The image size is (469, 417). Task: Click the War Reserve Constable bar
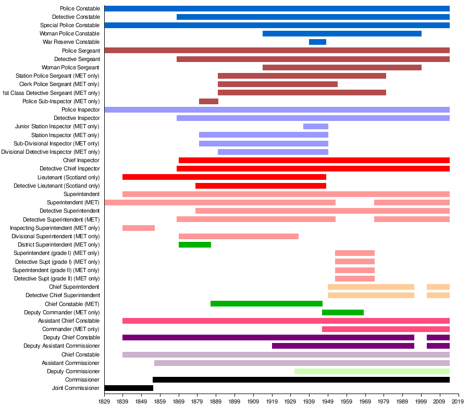[317, 42]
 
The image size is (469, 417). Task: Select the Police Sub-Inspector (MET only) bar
[208, 101]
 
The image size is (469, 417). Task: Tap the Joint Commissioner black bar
[129, 388]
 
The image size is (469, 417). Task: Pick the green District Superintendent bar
[195, 245]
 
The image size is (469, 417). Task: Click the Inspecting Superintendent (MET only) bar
[139, 228]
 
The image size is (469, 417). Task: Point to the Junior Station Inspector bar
[316, 127]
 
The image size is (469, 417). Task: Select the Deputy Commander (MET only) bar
[343, 313]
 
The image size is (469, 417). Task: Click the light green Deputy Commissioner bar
[372, 372]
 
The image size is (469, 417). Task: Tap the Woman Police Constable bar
[342, 34]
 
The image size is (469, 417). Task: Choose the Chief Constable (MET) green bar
[266, 304]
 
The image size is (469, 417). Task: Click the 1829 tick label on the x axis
[104, 402]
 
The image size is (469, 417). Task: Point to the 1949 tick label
[328, 402]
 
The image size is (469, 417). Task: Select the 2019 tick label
[458, 402]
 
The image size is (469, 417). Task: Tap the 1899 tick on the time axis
[234, 402]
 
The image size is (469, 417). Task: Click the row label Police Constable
[80, 9]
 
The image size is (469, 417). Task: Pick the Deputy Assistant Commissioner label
[61, 346]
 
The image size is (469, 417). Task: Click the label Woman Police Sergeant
[70, 68]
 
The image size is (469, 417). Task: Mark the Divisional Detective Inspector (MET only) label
[50, 152]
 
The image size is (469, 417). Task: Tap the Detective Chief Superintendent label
[63, 296]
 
